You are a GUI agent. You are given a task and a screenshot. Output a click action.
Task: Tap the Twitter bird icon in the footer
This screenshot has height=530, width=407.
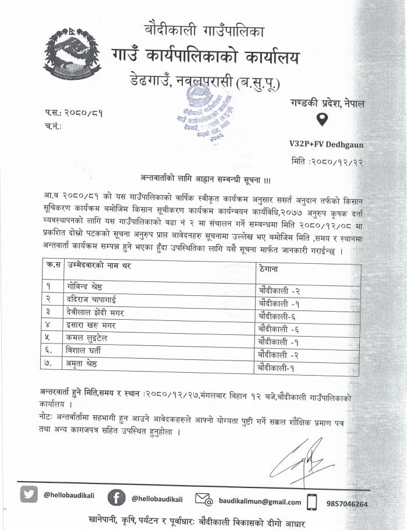(x=29, y=494)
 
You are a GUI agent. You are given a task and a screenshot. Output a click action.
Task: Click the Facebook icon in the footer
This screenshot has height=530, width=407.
(x=116, y=498)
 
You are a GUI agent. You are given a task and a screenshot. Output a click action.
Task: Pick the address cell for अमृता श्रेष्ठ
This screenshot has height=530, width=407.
(x=278, y=368)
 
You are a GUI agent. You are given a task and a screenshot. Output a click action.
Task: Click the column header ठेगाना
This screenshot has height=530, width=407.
(x=269, y=270)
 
